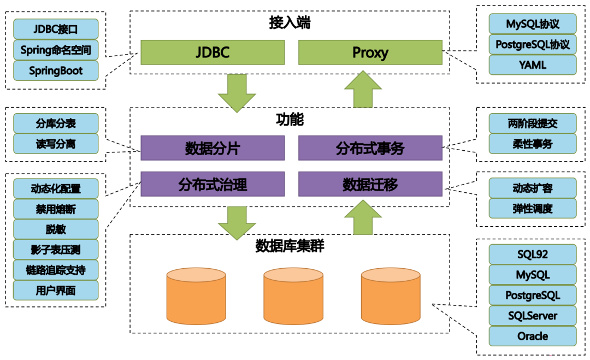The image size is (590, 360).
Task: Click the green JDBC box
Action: pyautogui.click(x=213, y=52)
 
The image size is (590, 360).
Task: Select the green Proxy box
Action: pyautogui.click(x=370, y=52)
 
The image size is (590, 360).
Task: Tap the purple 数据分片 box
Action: pyautogui.click(x=213, y=148)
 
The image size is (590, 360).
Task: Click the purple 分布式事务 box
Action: pyautogui.click(x=370, y=148)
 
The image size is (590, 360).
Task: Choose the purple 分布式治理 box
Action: pyautogui.click(x=213, y=184)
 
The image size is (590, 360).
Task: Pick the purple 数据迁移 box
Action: pyautogui.click(x=370, y=184)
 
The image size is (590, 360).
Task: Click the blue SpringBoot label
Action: pyautogui.click(x=56, y=71)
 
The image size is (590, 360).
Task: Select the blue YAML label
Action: pyautogui.click(x=532, y=65)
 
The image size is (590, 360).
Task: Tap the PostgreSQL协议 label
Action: pyautogui.click(x=532, y=44)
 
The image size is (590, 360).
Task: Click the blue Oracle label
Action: pyautogui.click(x=532, y=336)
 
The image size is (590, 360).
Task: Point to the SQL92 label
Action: pyautogui.click(x=532, y=254)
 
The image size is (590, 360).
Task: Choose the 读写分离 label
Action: pyautogui.click(x=56, y=144)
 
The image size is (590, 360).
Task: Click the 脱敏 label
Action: pyautogui.click(x=56, y=229)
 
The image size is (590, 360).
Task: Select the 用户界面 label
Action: pyautogui.click(x=56, y=290)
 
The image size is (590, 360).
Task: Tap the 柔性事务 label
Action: pyautogui.click(x=532, y=144)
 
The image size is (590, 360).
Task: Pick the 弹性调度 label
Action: pyautogui.click(x=532, y=208)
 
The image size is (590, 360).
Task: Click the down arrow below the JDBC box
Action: pyautogui.click(x=237, y=93)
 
